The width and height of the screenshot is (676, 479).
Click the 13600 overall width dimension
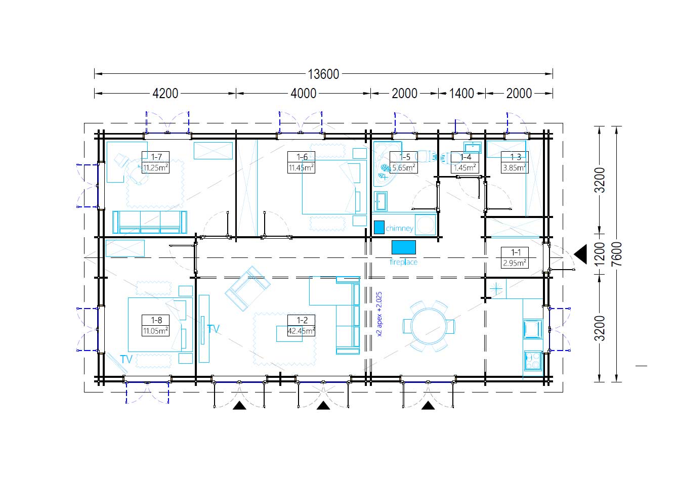[323, 74]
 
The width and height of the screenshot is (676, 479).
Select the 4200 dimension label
[165, 94]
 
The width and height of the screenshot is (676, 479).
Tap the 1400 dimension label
[461, 94]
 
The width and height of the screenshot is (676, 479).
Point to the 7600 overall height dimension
[617, 254]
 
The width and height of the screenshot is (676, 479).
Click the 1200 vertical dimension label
[600, 254]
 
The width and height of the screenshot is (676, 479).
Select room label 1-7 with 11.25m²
[155, 162]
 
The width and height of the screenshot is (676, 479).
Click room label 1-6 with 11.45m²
[301, 162]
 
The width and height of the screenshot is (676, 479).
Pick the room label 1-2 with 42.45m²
[301, 325]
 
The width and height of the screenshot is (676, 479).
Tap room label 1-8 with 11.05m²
[155, 325]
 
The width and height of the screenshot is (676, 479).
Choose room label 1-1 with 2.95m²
[515, 257]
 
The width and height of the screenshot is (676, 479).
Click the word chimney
[400, 228]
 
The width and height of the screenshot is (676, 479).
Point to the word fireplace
[403, 262]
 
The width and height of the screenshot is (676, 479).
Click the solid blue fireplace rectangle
[403, 247]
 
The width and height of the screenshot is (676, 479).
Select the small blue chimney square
[379, 227]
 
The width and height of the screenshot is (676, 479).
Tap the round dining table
[429, 326]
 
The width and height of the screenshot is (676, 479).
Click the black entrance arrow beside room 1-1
[581, 254]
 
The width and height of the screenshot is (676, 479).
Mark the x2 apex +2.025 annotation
[379, 314]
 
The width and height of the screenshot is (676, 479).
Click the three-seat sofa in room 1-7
[150, 222]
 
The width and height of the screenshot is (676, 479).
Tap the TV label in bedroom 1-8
[126, 359]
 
